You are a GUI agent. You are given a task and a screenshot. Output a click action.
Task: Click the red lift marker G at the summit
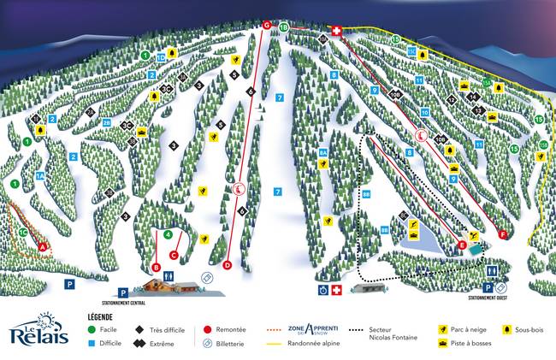click(x=267, y=26)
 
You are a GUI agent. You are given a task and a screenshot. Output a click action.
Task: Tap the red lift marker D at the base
click(x=228, y=265)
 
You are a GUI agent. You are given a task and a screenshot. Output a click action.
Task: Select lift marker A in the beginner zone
click(x=42, y=246)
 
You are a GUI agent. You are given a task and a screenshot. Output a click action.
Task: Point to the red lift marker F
click(x=503, y=233)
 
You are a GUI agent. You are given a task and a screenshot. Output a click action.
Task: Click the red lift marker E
click(x=462, y=245)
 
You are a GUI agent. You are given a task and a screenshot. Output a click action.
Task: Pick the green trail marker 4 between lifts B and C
click(x=168, y=233)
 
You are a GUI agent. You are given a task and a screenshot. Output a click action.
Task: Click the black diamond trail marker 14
click(x=471, y=97)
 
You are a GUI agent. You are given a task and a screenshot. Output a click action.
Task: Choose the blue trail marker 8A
click(x=323, y=153)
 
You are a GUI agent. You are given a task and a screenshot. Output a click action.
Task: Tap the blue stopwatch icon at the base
click(x=322, y=290)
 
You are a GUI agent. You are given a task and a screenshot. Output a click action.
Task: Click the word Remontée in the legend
click(x=231, y=329)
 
